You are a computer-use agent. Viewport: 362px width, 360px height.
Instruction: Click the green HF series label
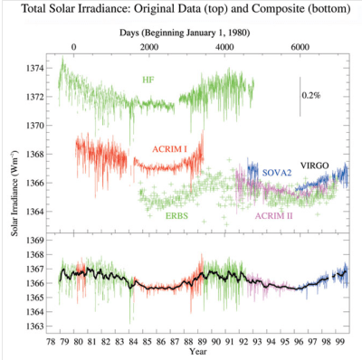pos(148,81)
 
